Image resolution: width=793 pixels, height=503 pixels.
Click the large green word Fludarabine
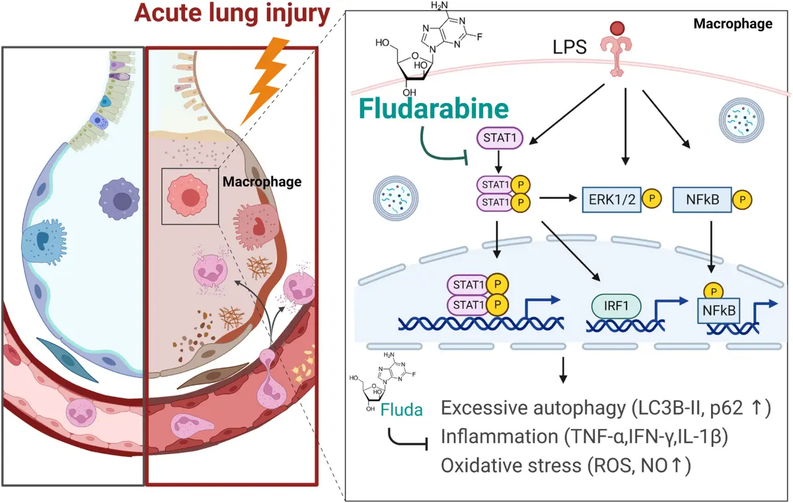434,110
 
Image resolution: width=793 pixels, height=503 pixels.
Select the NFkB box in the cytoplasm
697,197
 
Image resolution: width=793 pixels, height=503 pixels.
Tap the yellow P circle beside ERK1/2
652,197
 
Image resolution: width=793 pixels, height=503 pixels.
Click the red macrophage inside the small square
190,197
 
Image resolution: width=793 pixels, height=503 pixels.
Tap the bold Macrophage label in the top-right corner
732,24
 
